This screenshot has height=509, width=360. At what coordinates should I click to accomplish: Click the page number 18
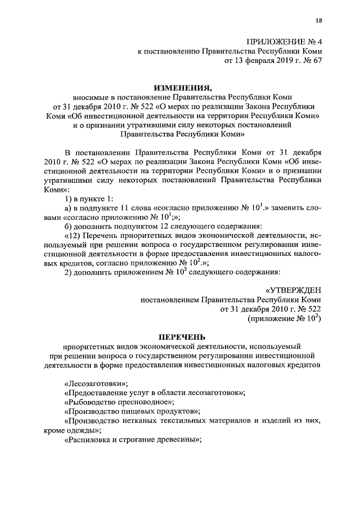pyautogui.click(x=318, y=20)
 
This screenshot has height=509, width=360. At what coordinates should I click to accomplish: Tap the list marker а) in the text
pyautogui.click(x=70, y=208)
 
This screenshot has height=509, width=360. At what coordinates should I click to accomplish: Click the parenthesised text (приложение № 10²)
pyautogui.click(x=284, y=318)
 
